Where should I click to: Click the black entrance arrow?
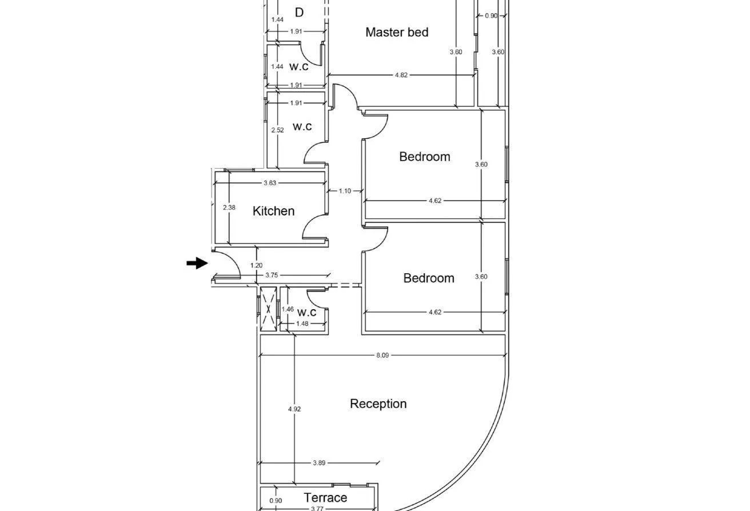click(x=197, y=263)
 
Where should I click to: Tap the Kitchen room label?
click(x=274, y=211)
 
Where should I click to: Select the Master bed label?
click(x=397, y=32)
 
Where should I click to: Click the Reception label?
click(x=378, y=404)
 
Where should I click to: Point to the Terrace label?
click(x=325, y=498)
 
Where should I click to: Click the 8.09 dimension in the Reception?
click(x=382, y=356)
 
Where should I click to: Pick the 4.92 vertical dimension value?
click(x=294, y=409)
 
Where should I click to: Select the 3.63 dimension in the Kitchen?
click(x=270, y=183)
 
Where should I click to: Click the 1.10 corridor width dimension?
click(x=345, y=191)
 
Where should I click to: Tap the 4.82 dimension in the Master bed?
click(x=401, y=75)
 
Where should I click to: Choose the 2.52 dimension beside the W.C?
click(x=278, y=130)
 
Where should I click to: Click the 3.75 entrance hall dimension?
click(x=272, y=275)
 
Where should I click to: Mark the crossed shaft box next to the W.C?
click(x=268, y=309)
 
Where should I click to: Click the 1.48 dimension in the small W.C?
click(x=302, y=324)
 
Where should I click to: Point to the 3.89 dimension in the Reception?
click(x=319, y=463)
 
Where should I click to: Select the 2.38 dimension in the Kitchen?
click(x=229, y=207)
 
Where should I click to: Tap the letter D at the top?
click(x=299, y=13)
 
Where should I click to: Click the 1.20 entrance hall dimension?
click(x=257, y=265)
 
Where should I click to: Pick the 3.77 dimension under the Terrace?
click(x=317, y=509)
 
